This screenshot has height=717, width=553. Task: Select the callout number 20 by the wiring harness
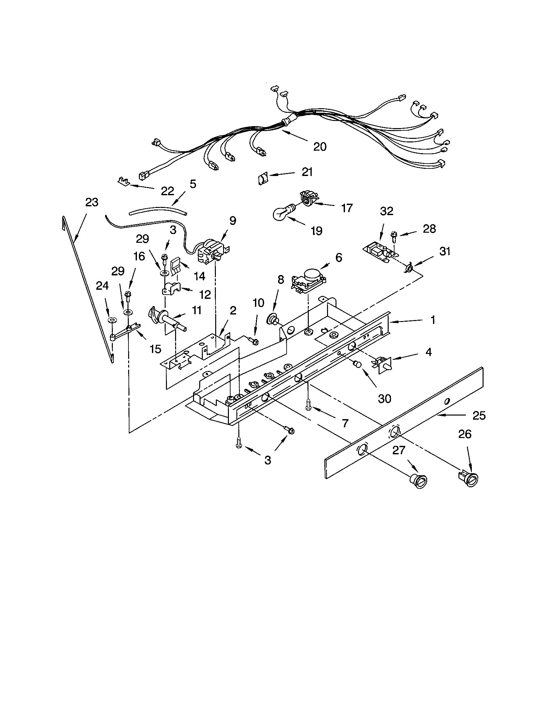tap(320, 146)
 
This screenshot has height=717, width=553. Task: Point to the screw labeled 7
tap(308, 404)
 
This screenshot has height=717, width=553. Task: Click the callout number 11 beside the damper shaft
tap(196, 310)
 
